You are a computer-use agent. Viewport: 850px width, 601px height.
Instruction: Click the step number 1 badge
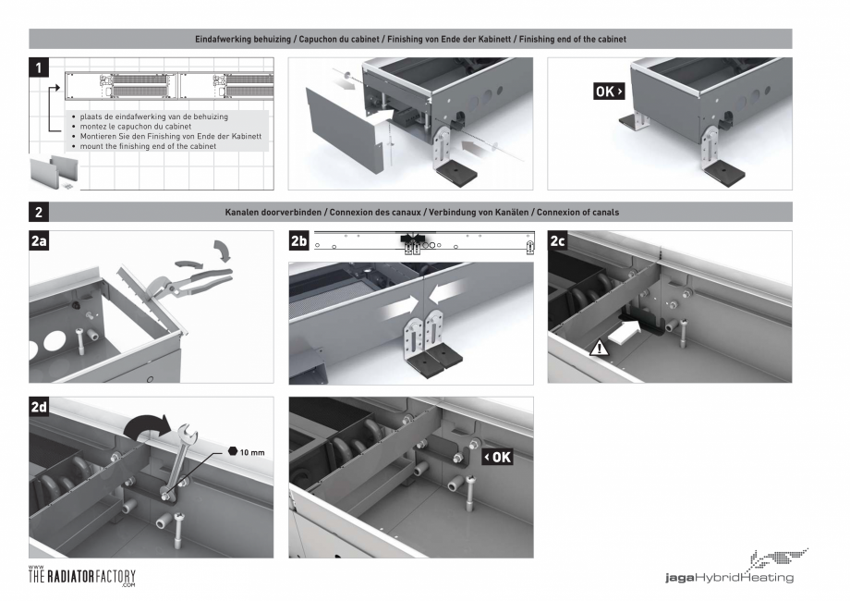pyautogui.click(x=39, y=67)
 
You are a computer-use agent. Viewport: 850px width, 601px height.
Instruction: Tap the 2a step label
pyautogui.click(x=39, y=240)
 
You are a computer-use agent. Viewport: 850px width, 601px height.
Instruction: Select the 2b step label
pyautogui.click(x=298, y=240)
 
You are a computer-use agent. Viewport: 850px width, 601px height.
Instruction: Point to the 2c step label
pyautogui.click(x=558, y=240)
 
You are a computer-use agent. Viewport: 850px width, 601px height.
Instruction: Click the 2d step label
pyautogui.click(x=39, y=407)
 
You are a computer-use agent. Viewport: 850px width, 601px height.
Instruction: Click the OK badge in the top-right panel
pyautogui.click(x=609, y=92)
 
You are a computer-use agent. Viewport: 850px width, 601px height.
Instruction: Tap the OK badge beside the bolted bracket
pyautogui.click(x=498, y=458)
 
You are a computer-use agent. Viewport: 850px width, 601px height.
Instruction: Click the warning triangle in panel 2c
pyautogui.click(x=599, y=348)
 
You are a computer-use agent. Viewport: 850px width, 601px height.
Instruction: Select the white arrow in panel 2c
pyautogui.click(x=625, y=331)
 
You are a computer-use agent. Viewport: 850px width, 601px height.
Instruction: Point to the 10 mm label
pyautogui.click(x=252, y=452)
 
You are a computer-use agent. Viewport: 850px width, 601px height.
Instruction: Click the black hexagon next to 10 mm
pyautogui.click(x=233, y=451)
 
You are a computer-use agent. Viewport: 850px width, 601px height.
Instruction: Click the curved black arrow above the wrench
pyautogui.click(x=146, y=426)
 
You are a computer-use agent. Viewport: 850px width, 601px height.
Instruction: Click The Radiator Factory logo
pyautogui.click(x=82, y=576)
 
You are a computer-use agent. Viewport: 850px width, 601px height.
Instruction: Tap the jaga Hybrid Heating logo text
pyautogui.click(x=729, y=578)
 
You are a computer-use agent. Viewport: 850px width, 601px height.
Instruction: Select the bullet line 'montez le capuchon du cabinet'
pyautogui.click(x=136, y=127)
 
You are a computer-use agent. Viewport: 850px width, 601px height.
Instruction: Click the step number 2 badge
pyautogui.click(x=39, y=212)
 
